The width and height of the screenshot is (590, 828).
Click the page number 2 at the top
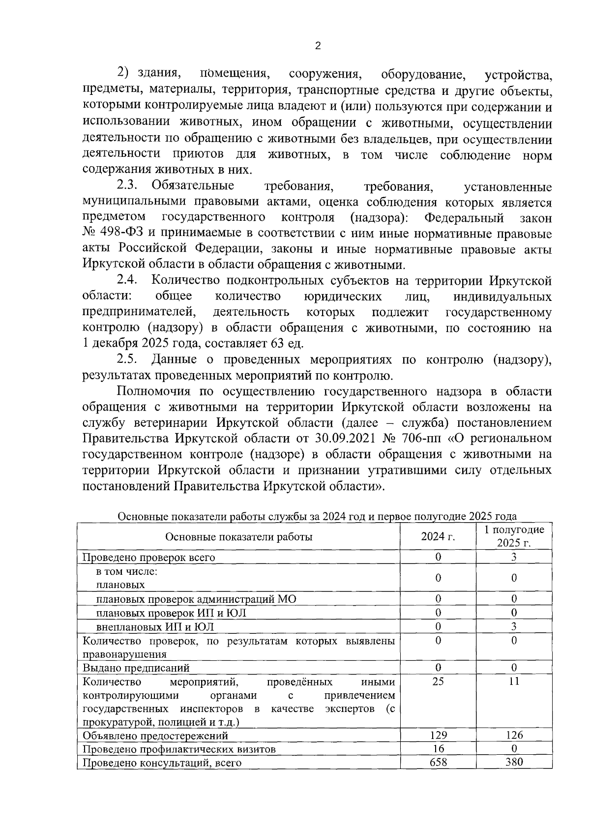click(317, 46)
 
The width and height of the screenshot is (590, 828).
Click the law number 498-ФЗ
click(116, 234)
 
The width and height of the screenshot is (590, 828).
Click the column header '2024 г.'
click(438, 536)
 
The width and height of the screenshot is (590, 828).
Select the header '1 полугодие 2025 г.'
click(514, 536)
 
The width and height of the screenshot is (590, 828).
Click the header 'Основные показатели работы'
click(239, 536)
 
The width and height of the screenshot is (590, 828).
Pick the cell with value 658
click(438, 762)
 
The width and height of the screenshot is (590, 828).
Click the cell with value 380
click(514, 762)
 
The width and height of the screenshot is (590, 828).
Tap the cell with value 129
click(438, 735)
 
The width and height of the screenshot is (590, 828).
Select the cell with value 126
click(514, 735)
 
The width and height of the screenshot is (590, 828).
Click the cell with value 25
click(438, 681)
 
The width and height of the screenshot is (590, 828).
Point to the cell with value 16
click(438, 749)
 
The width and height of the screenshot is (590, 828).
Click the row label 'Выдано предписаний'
click(136, 668)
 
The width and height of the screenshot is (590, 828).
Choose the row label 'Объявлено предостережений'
click(155, 736)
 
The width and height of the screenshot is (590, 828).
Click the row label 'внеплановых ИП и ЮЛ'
click(155, 627)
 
